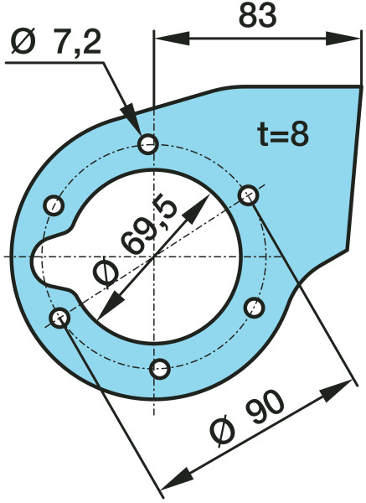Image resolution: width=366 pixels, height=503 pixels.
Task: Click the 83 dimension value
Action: pos(257,16)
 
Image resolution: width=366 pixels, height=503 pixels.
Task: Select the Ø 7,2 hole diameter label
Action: pos(56,42)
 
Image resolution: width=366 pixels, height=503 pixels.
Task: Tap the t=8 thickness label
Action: pos(283,135)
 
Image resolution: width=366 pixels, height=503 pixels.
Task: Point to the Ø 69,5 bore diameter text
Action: pos(135,243)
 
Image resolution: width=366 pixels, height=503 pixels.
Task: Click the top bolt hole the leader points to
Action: pos(148,144)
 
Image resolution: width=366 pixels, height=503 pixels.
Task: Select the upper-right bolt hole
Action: pos(249,195)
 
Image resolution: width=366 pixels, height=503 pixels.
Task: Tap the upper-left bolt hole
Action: pos(54,205)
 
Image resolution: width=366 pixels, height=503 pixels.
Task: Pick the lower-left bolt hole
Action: pos(60,319)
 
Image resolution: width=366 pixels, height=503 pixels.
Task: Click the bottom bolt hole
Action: pos(160,369)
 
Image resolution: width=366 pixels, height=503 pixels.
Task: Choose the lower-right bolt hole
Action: pos(254,308)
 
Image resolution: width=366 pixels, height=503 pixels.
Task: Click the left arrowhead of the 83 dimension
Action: pos(172,39)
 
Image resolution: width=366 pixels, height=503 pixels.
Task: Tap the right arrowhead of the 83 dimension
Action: pos(343,39)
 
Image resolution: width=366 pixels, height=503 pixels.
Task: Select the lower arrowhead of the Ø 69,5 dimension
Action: pos(111,303)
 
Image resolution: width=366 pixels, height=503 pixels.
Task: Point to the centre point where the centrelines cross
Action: pos(154,257)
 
